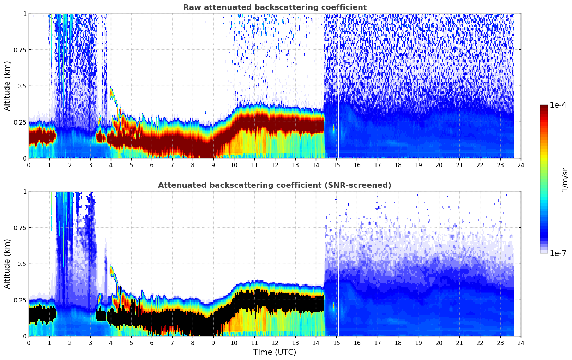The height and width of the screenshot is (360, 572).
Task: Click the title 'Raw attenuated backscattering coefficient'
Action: click(x=275, y=7)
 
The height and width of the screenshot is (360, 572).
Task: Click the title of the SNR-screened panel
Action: click(x=275, y=185)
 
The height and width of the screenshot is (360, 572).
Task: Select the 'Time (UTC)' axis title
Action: click(x=275, y=352)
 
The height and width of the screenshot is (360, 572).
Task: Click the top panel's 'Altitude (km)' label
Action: click(x=7, y=86)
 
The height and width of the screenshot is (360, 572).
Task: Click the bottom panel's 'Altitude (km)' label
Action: click(x=7, y=264)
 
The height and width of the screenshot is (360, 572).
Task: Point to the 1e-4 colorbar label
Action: click(x=558, y=105)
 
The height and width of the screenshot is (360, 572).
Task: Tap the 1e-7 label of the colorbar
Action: click(x=558, y=253)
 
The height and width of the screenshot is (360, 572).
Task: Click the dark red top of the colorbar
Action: click(x=544, y=107)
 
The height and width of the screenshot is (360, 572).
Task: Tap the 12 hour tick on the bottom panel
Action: click(x=275, y=343)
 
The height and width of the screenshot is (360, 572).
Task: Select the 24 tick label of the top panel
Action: click(x=521, y=165)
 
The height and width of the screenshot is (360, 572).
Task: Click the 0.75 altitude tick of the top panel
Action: click(x=20, y=50)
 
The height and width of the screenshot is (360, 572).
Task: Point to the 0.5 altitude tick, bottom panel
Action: click(x=22, y=264)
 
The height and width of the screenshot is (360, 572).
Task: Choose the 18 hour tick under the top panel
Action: click(x=398, y=165)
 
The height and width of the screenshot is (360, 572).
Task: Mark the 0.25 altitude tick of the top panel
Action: click(x=20, y=122)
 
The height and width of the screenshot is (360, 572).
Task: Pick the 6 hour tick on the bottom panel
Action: click(x=152, y=343)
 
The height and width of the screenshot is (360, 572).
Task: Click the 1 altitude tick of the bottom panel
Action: click(x=25, y=192)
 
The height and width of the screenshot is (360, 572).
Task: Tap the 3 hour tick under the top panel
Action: click(x=90, y=165)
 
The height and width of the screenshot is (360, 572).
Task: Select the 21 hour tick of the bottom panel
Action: click(x=459, y=343)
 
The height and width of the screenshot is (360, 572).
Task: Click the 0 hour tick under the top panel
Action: click(x=29, y=165)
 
